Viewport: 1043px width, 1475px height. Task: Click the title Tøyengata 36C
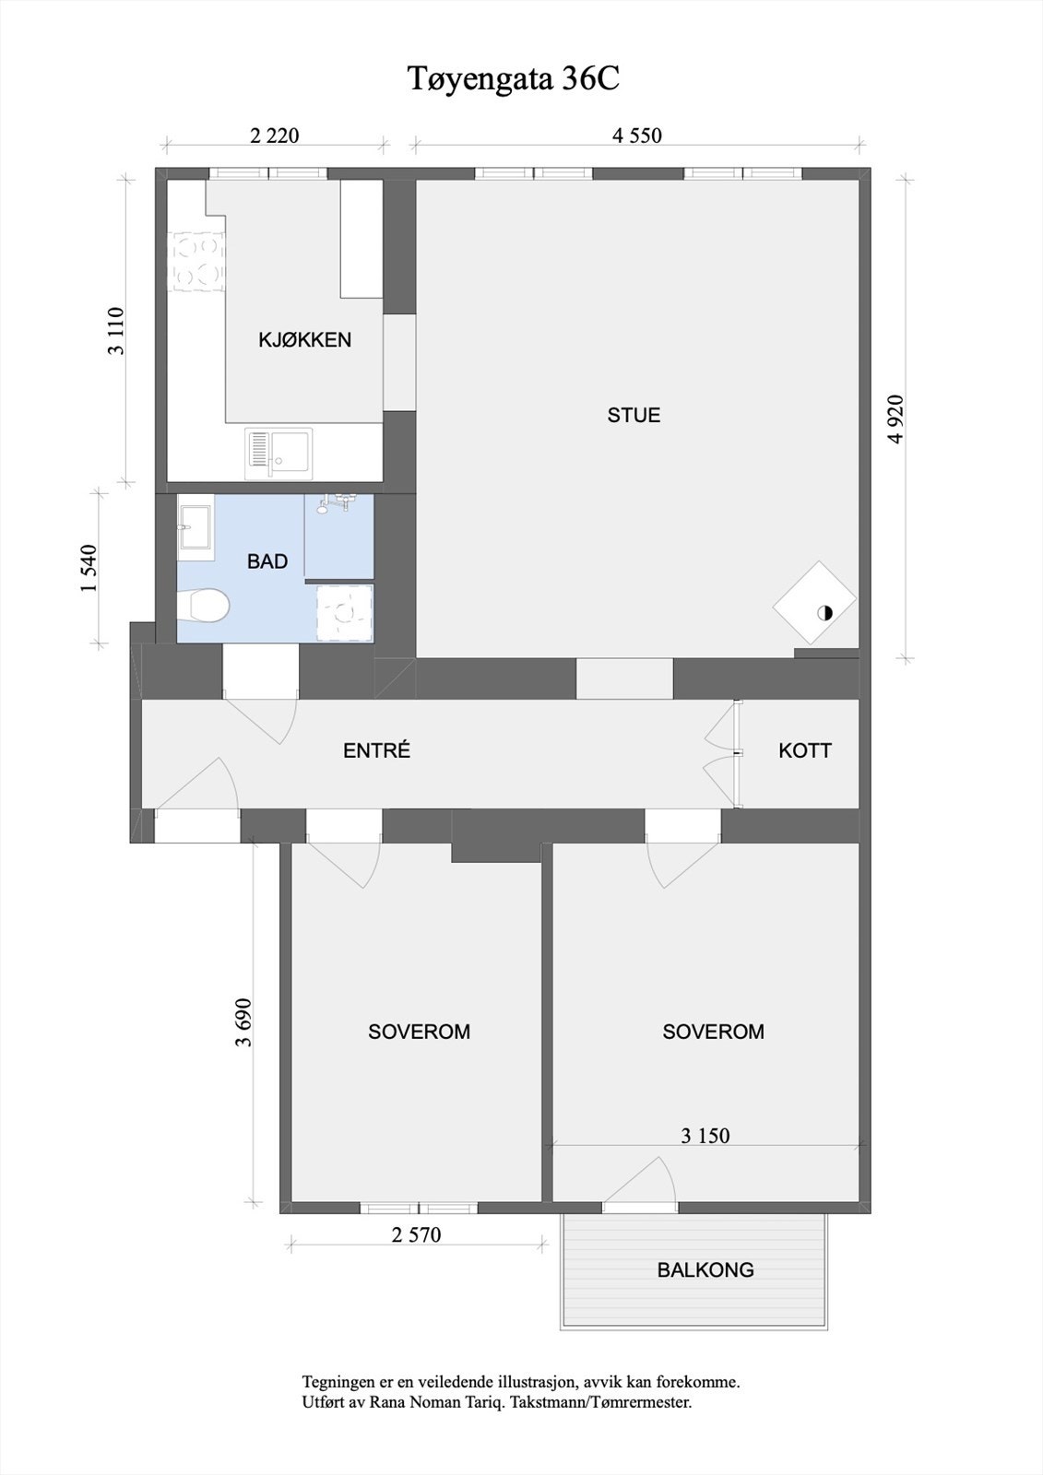(514, 79)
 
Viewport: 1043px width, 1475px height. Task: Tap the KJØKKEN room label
(304, 340)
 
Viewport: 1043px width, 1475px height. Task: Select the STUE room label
(634, 416)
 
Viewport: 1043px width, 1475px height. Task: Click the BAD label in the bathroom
(267, 561)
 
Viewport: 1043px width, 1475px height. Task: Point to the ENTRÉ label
(376, 751)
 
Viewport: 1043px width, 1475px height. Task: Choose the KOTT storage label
(804, 751)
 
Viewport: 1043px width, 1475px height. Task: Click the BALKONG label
(705, 1270)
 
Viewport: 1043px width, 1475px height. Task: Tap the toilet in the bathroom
(202, 607)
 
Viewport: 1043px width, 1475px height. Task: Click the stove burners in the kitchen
(196, 262)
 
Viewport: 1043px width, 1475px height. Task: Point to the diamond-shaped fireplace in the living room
(814, 603)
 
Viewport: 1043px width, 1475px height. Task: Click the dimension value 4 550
(637, 136)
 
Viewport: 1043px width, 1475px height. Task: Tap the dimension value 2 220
(275, 136)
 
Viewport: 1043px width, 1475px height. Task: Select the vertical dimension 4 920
(896, 419)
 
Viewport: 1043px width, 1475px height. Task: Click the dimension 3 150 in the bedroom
(705, 1136)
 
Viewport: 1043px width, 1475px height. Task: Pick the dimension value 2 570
(417, 1234)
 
